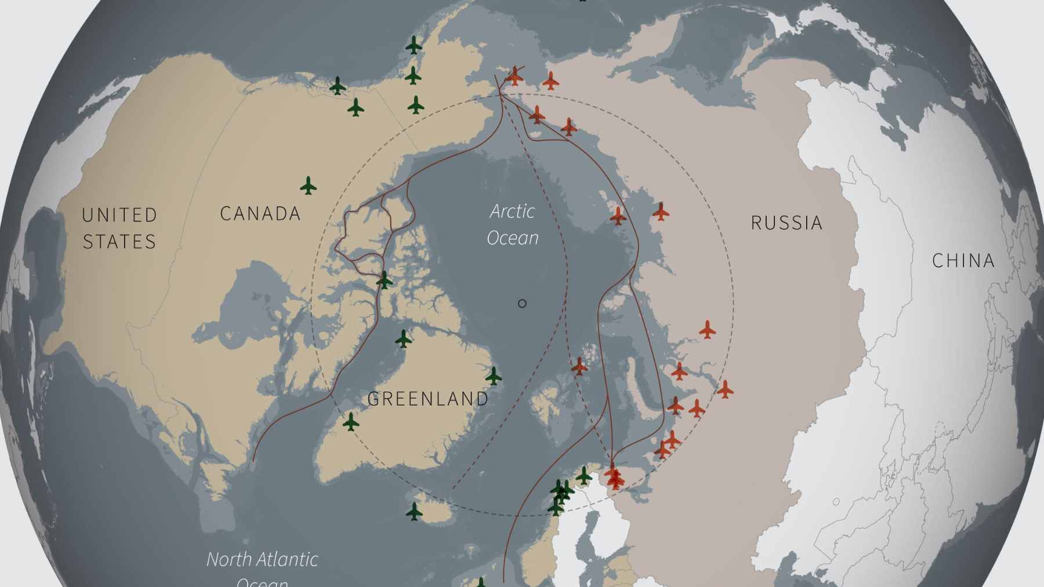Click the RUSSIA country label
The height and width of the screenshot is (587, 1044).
pos(786,223)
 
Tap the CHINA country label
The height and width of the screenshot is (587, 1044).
pos(963,261)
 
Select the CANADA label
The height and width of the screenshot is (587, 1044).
pos(260,214)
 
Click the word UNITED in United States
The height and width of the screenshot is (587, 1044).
pos(119,215)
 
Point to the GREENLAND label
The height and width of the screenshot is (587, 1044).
pos(428,399)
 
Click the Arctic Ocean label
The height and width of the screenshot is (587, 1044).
pos(513,224)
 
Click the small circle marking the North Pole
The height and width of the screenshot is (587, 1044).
pos(522,303)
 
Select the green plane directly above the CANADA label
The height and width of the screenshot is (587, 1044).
pos(308,186)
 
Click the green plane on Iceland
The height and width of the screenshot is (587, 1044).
pos(414,511)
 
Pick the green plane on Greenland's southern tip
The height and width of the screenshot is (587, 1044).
pos(350,421)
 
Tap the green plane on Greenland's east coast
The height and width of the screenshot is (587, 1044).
pos(493,376)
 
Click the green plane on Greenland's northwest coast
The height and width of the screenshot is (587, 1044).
pos(403,338)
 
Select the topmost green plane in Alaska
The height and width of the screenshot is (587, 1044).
pos(413,45)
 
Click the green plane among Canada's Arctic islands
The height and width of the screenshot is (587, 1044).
pos(384,280)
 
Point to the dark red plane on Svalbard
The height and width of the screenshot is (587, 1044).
pos(579,366)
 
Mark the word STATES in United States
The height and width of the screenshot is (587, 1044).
pos(119,242)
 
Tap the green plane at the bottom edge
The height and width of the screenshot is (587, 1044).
pos(481,582)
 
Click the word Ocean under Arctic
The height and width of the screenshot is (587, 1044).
pos(513,238)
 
